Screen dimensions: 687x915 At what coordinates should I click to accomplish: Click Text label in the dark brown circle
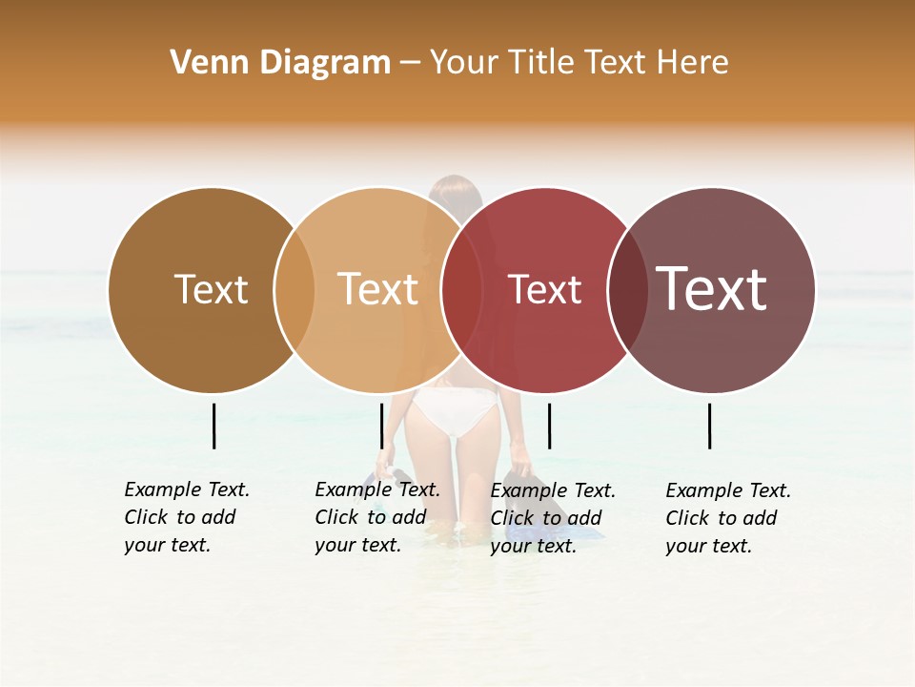pos(211,289)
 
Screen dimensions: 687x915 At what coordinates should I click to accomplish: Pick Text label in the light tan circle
pos(377,289)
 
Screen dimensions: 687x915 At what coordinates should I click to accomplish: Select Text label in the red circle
pos(544,289)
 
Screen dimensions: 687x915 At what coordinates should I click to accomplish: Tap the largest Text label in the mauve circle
pos(711,288)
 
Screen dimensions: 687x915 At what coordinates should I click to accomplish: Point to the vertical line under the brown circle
pos(213,426)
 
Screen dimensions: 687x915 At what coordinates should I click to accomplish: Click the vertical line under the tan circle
pos(381,426)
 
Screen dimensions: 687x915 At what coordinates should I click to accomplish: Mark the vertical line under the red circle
pos(549,426)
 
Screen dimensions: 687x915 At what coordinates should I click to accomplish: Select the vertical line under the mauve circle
pos(710,426)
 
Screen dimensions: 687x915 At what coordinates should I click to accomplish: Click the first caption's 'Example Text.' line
pos(187,489)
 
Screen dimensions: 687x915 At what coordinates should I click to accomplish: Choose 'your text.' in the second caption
pos(357,545)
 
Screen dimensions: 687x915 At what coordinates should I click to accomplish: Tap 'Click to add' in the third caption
pos(545,517)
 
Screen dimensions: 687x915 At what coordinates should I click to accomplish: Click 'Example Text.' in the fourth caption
pos(728,490)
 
